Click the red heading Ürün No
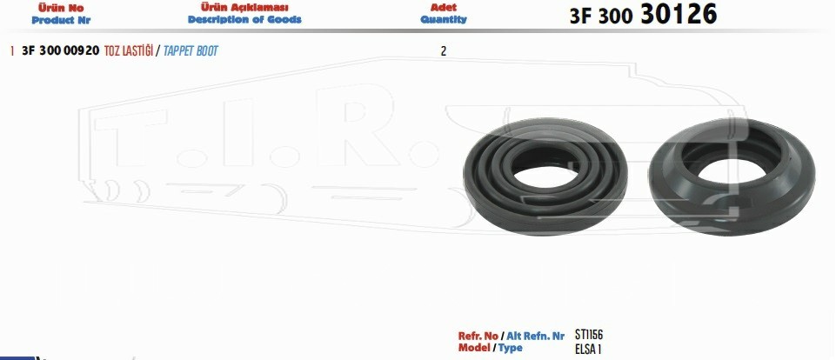[x=61, y=8]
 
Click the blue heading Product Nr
[x=61, y=20]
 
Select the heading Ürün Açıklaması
[x=244, y=8]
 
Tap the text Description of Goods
[x=244, y=20]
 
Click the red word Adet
[x=444, y=8]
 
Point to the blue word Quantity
[x=444, y=20]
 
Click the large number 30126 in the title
[x=679, y=15]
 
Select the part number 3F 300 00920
[x=60, y=51]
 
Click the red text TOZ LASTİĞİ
[x=128, y=51]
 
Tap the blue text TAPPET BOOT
[x=191, y=51]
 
